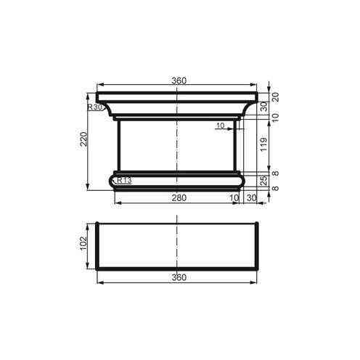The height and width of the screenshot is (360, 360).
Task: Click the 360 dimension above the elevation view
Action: click(178, 81)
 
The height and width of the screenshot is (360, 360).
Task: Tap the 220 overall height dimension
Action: click(84, 139)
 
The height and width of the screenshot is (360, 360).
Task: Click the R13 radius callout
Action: click(123, 180)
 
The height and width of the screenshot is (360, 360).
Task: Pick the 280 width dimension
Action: click(178, 197)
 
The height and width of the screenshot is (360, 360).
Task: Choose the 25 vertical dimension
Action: click(264, 179)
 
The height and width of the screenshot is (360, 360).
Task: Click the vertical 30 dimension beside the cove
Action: click(264, 107)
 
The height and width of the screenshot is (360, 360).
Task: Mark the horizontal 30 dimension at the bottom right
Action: click(252, 197)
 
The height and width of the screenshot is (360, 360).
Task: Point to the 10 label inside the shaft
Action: click(220, 126)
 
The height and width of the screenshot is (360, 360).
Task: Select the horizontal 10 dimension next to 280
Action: click(234, 197)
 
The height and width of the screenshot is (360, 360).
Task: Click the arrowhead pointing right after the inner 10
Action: click(232, 129)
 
